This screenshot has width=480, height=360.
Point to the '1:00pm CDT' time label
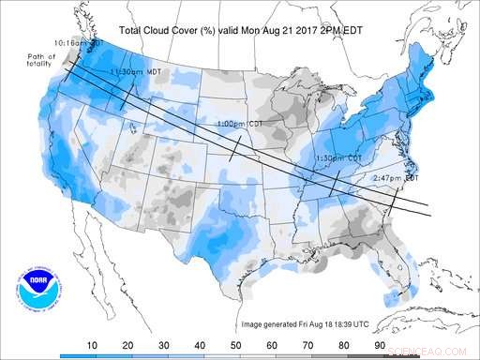coord(238,124)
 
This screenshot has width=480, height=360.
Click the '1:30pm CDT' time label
coord(339,157)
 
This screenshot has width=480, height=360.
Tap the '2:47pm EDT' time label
coord(397,177)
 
